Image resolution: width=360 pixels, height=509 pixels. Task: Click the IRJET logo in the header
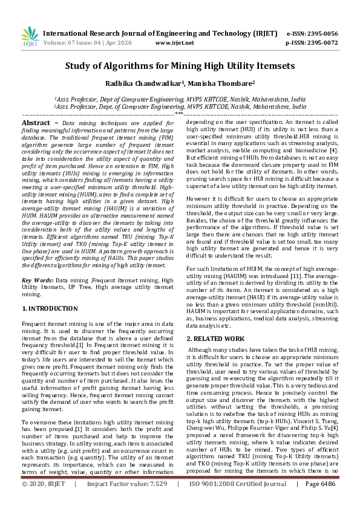(30, 37)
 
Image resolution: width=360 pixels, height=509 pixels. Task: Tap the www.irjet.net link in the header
(174, 43)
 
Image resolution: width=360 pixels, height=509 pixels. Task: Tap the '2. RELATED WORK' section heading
(215, 339)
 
